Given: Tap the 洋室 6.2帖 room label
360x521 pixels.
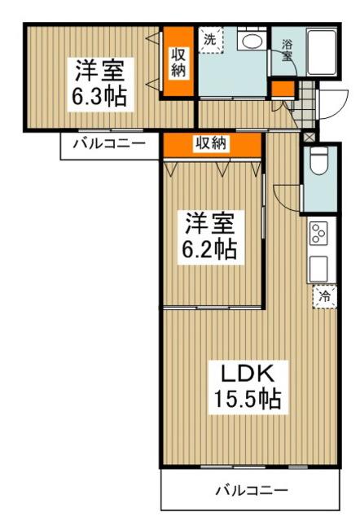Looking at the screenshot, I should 209,234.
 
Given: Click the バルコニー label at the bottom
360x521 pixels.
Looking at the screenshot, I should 251,491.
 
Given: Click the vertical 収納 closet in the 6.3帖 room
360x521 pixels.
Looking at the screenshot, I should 178,62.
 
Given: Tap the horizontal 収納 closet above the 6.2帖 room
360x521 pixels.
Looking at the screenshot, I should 211,144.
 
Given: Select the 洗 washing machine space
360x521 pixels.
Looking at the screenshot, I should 210,38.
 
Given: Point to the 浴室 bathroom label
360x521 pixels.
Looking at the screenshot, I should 288,51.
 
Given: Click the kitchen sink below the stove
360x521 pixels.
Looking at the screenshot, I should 318,267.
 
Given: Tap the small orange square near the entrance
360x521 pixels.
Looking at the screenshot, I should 282,89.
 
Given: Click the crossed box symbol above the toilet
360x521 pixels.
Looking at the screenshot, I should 309,138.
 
